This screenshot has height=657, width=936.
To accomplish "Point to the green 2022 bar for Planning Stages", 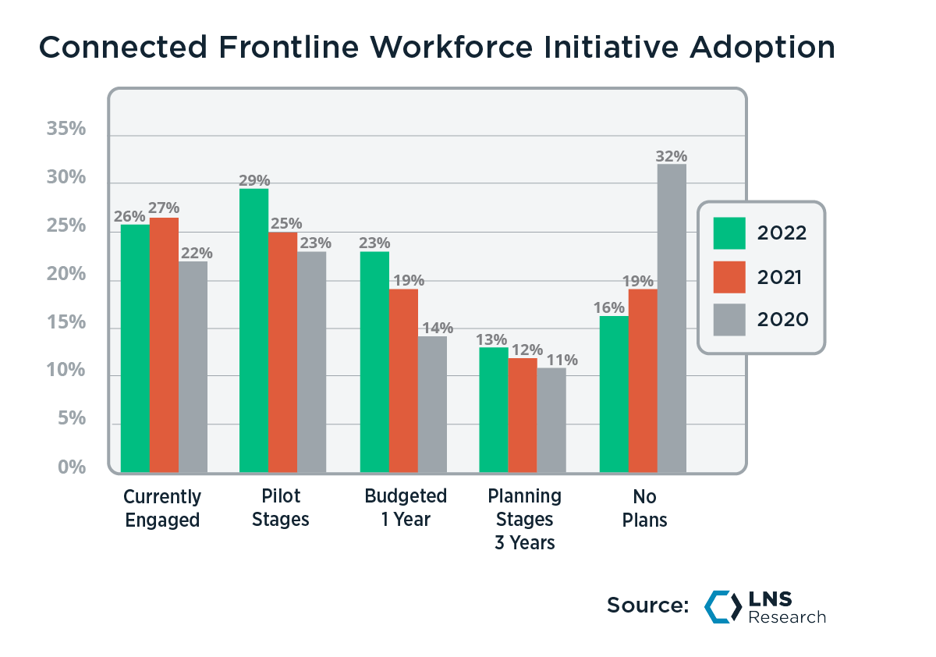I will (x=493, y=410).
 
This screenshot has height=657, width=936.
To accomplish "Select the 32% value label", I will (x=672, y=155).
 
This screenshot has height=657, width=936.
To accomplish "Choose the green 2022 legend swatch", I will (x=729, y=233).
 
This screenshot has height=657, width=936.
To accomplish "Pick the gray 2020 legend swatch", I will (x=729, y=319).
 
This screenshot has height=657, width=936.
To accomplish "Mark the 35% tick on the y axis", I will (x=66, y=130).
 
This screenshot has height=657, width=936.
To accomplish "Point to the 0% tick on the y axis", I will (x=71, y=468).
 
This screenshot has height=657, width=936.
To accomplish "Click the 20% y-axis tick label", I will (x=66, y=275).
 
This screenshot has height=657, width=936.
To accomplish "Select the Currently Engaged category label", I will (x=162, y=508).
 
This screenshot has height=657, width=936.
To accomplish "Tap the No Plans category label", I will (x=644, y=508).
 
